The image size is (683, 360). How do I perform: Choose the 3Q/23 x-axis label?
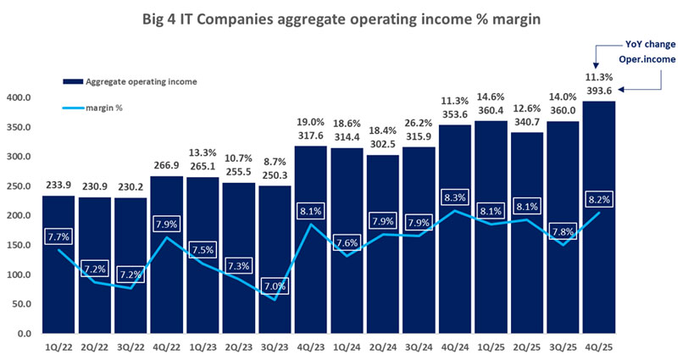coord(273,346)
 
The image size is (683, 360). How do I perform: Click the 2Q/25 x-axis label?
coord(525,346)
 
